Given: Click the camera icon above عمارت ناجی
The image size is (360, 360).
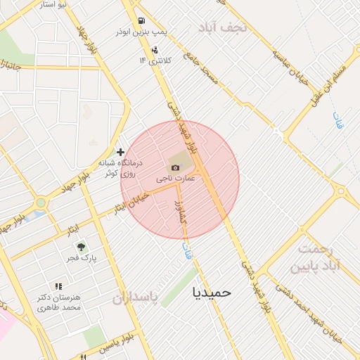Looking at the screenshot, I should tap(175, 167).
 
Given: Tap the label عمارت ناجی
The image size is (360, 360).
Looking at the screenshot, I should tap(175, 179).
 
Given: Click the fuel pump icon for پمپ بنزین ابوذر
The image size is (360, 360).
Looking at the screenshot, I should tap(141, 21).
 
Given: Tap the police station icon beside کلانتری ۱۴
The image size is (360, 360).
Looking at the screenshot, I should tap(154, 49).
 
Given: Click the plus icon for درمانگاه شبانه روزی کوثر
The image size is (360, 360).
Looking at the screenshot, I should tap(121, 152).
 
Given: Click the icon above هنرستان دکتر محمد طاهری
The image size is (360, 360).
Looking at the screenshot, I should tap(58, 287).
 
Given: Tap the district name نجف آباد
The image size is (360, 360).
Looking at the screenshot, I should tap(224, 27).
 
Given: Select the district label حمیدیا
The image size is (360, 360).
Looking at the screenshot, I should tap(212, 291).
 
